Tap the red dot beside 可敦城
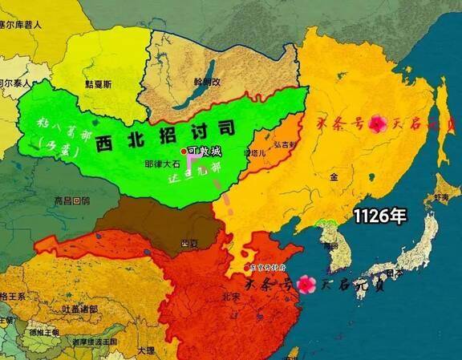(x=184, y=151)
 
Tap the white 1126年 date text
(x=379, y=215)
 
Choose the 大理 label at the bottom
(x=145, y=350)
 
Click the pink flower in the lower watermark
(x=305, y=283)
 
